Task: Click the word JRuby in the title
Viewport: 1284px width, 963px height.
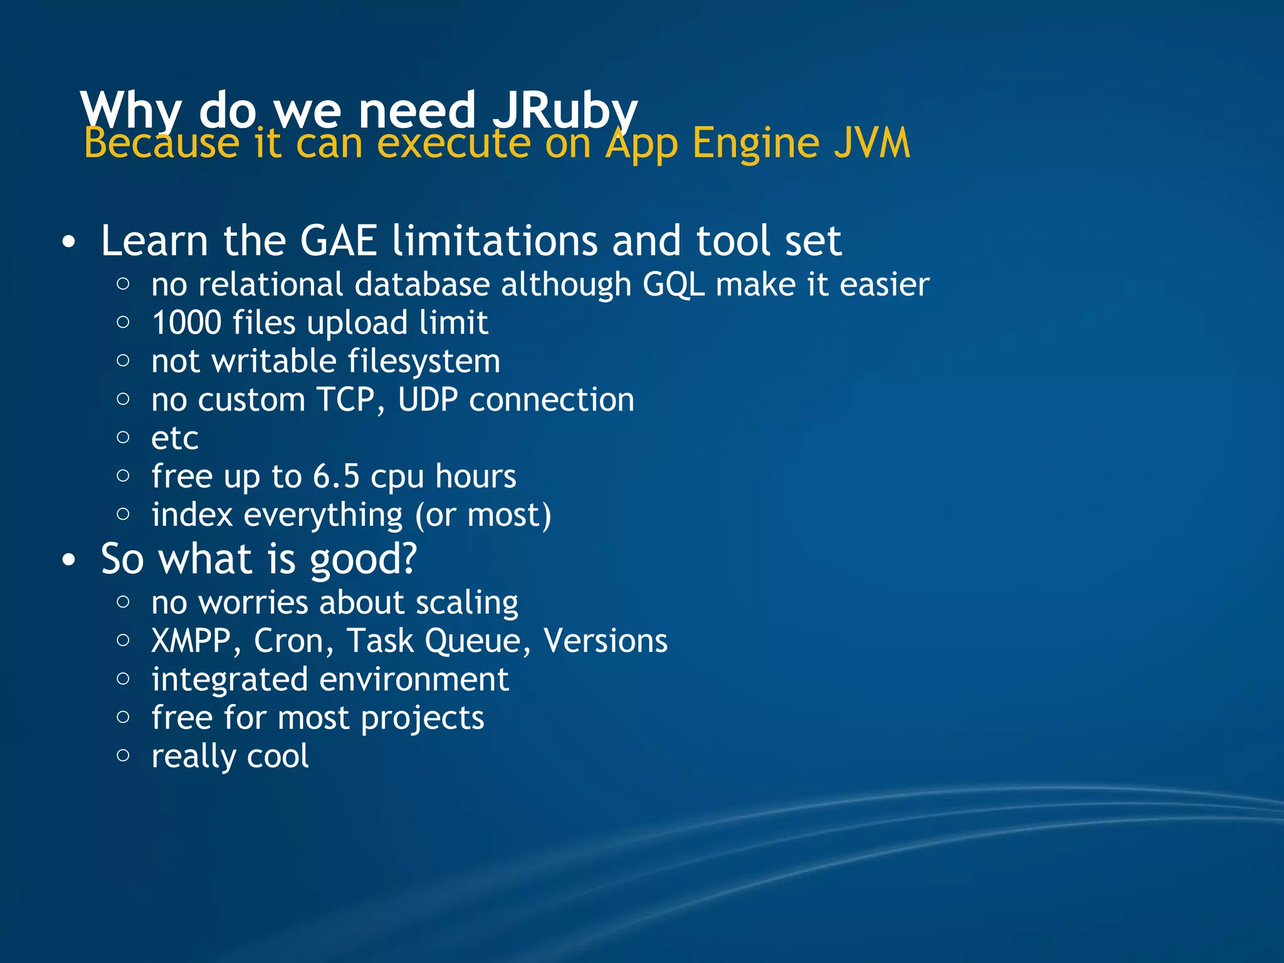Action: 564,112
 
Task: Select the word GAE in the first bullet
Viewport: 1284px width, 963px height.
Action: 339,241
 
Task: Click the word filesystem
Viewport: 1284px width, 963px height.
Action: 424,362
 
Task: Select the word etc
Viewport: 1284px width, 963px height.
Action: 175,438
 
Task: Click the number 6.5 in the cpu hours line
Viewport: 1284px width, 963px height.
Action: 336,476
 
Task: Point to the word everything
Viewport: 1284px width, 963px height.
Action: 323,516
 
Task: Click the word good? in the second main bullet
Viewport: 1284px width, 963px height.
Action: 363,559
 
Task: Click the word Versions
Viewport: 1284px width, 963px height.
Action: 605,641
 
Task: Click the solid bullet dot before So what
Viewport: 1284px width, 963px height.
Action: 69,559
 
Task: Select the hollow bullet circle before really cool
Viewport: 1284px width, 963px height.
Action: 124,755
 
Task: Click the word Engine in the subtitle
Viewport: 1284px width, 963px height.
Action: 756,144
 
